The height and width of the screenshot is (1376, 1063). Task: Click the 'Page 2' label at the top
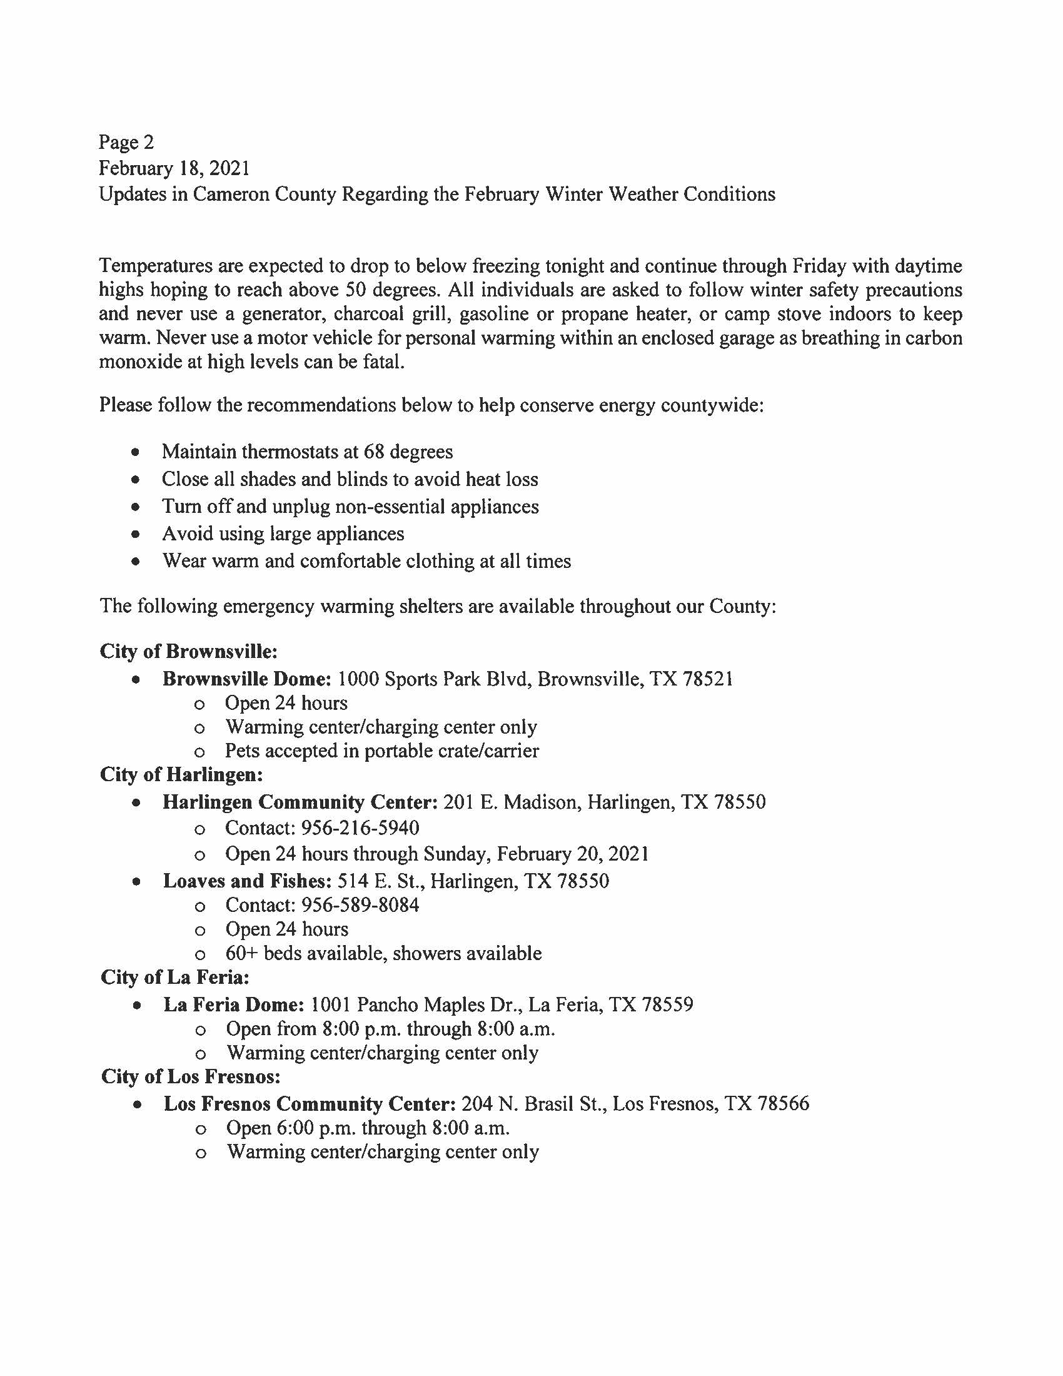coord(126,143)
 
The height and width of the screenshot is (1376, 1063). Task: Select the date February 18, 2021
coord(174,168)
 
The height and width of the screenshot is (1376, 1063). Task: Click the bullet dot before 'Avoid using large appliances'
coord(135,534)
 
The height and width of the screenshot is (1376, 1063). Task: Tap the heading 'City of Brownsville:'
coord(188,651)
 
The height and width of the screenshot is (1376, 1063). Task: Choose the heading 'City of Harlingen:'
coord(181,774)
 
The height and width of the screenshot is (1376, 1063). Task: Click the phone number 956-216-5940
coord(360,828)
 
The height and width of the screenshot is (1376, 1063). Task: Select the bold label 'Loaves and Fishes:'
coord(247,881)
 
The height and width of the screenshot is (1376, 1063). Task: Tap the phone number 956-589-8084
coord(360,906)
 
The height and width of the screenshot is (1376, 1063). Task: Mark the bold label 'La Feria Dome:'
coord(234,1004)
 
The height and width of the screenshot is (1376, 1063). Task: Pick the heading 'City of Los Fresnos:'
coord(191,1077)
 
